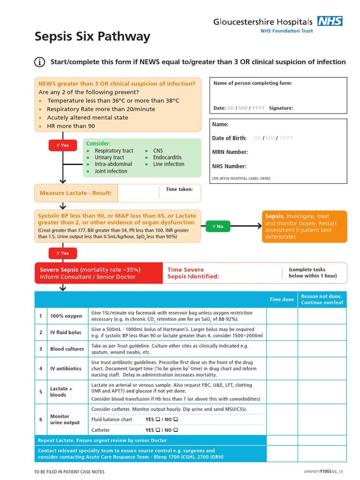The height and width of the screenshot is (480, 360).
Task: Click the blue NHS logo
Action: pyautogui.click(x=330, y=21)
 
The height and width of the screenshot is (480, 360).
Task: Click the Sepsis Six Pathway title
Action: pyautogui.click(x=92, y=37)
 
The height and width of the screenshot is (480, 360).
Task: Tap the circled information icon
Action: pyautogui.click(x=40, y=62)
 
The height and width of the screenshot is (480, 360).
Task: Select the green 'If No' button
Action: pyautogui.click(x=218, y=226)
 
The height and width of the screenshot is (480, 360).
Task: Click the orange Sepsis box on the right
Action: pyautogui.click(x=305, y=226)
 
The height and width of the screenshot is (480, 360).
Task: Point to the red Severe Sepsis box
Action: pyautogui.click(x=98, y=273)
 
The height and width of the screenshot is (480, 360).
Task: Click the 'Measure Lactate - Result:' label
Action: pyautogui.click(x=75, y=193)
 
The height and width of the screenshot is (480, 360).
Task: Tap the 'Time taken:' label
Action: pyautogui.click(x=179, y=189)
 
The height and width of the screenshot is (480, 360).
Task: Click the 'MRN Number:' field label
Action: pyautogui.click(x=230, y=152)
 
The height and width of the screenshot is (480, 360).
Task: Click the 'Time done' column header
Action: pyautogui.click(x=282, y=300)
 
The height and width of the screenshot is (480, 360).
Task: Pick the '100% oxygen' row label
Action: pyautogui.click(x=66, y=316)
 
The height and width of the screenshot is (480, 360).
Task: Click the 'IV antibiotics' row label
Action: pyautogui.click(x=66, y=368)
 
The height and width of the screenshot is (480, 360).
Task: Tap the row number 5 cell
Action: pyautogui.click(x=41, y=392)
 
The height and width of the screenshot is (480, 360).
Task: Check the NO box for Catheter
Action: pyautogui.click(x=175, y=430)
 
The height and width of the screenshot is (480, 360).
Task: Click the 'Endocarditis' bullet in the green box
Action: pyautogui.click(x=167, y=157)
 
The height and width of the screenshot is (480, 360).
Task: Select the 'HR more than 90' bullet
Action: pyautogui.click(x=70, y=126)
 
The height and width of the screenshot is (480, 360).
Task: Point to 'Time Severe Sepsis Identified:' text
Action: pyautogui.click(x=193, y=273)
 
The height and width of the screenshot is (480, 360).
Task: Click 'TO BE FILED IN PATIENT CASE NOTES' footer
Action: pyautogui.click(x=69, y=471)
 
